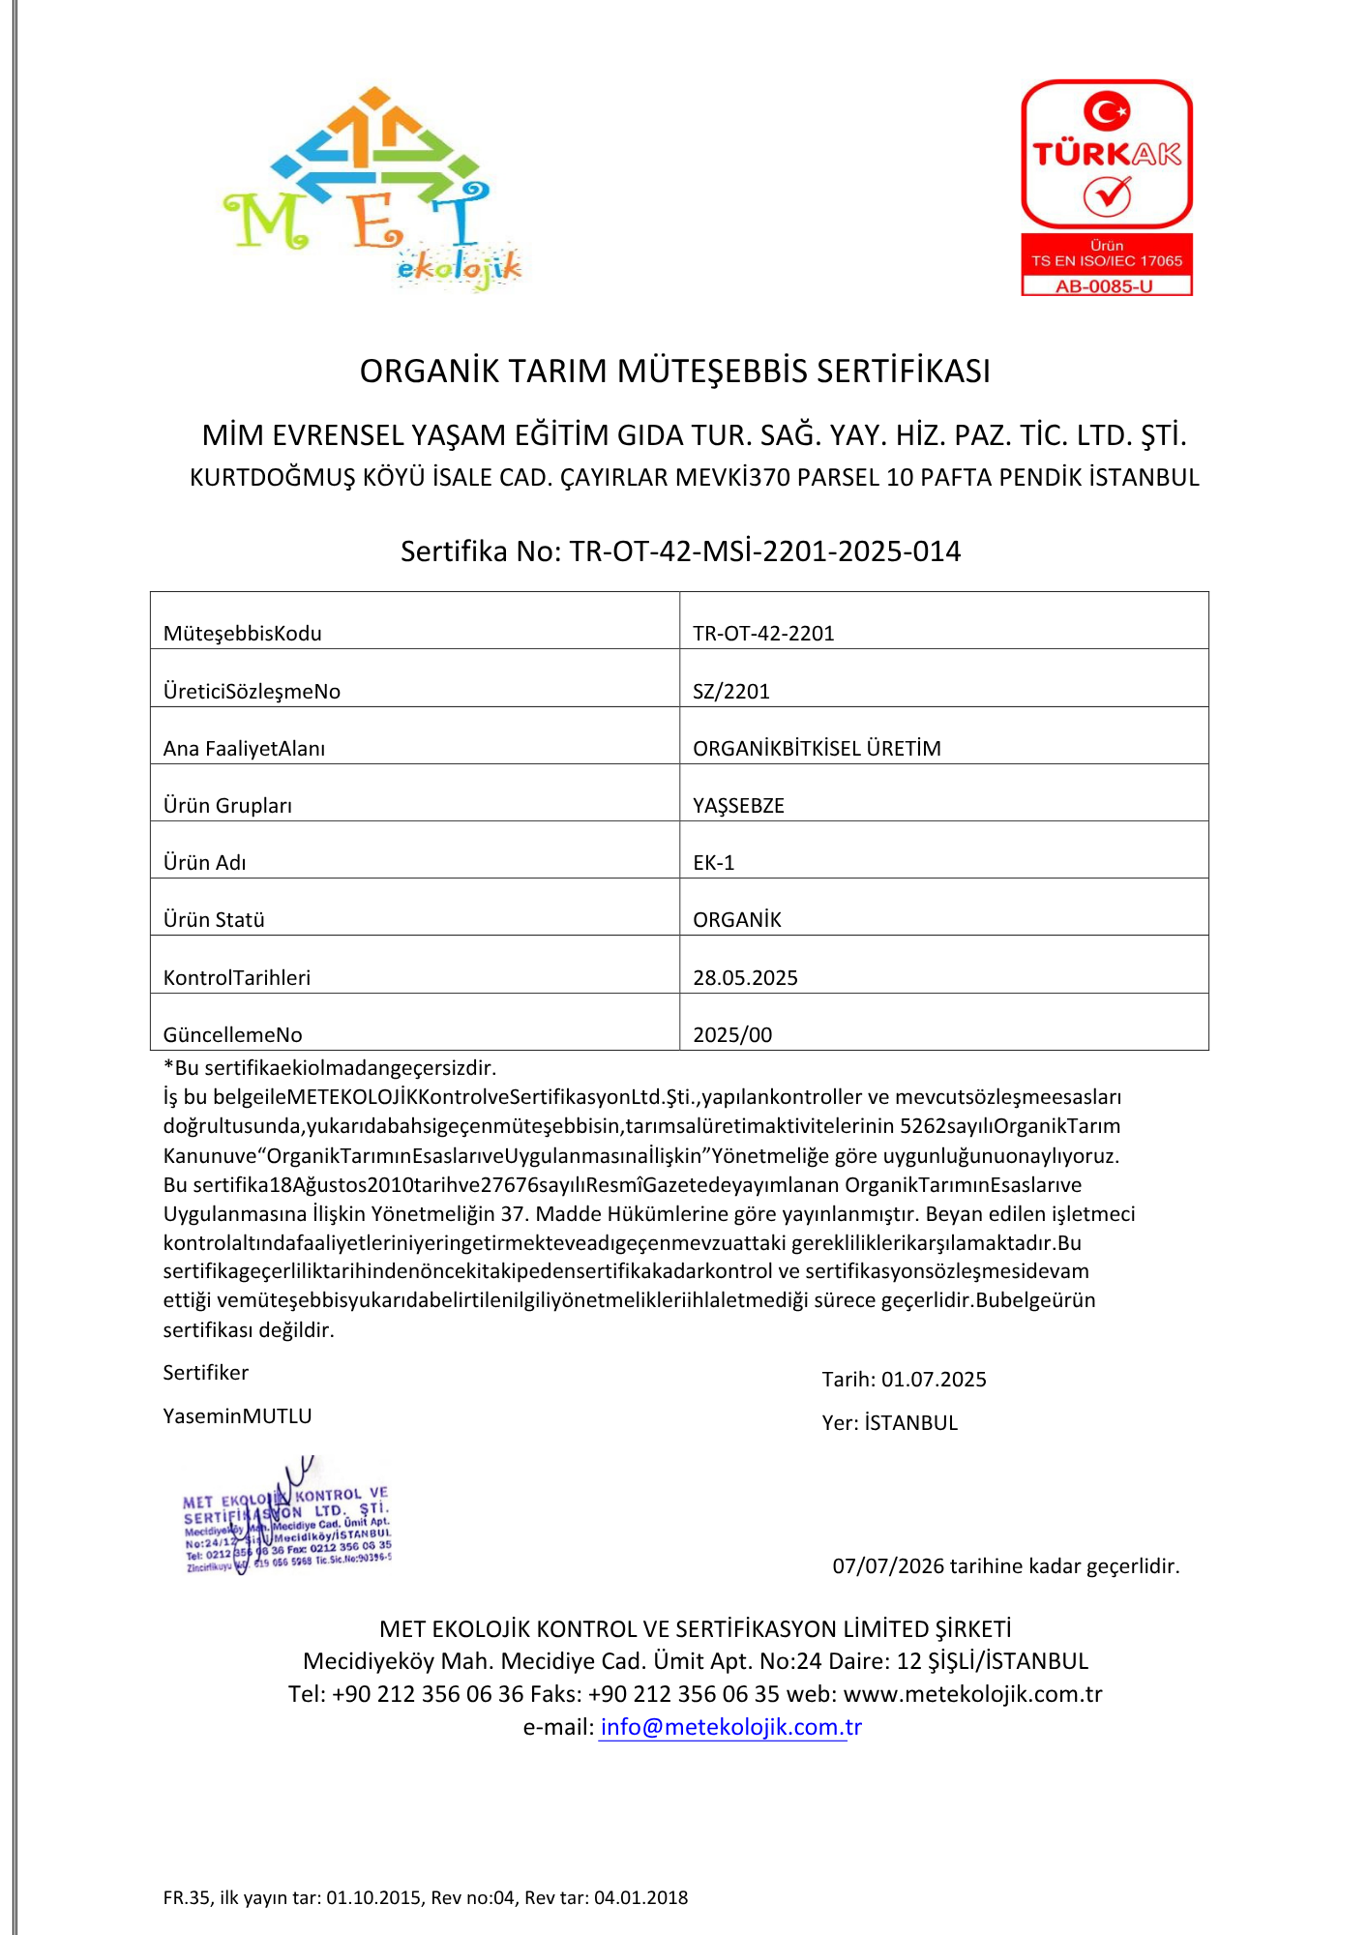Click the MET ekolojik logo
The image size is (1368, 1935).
[372, 189]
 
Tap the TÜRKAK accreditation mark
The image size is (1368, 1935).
[1107, 155]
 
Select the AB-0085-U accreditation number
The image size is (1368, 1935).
[1106, 286]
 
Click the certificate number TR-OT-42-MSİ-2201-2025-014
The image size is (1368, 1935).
[764, 551]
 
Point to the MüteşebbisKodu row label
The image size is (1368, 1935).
[243, 634]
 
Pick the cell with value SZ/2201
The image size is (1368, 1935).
[731, 691]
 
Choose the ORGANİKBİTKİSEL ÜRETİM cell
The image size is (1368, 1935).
[817, 748]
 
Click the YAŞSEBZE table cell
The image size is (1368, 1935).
[738, 805]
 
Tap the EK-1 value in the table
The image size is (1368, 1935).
[714, 862]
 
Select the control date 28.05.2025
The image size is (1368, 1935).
[745, 977]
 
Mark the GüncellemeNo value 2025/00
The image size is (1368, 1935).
[732, 1034]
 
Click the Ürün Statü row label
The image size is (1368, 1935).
[214, 919]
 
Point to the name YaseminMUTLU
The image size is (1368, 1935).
[237, 1415]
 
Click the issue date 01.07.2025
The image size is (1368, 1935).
[934, 1379]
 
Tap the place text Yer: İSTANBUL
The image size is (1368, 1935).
[890, 1422]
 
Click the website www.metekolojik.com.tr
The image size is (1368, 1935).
[972, 1694]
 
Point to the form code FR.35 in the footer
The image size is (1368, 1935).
[187, 1897]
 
